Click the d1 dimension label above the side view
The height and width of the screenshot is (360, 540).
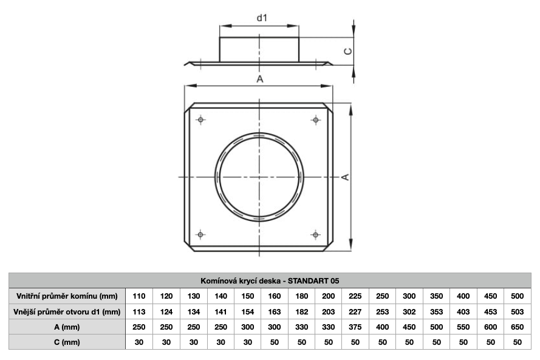(x=262, y=18)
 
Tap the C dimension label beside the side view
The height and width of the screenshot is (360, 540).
(x=348, y=51)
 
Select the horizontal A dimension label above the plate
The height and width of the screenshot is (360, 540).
(x=259, y=79)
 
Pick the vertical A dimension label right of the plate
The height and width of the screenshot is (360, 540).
(x=345, y=177)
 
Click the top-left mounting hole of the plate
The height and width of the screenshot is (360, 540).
(x=200, y=120)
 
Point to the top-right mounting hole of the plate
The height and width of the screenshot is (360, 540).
(x=316, y=120)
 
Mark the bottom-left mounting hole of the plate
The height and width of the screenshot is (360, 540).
(x=200, y=235)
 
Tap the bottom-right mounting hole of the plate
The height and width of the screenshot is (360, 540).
(x=316, y=235)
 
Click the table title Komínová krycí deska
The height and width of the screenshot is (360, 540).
(x=241, y=281)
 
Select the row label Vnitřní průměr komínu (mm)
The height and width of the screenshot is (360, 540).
(x=67, y=296)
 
